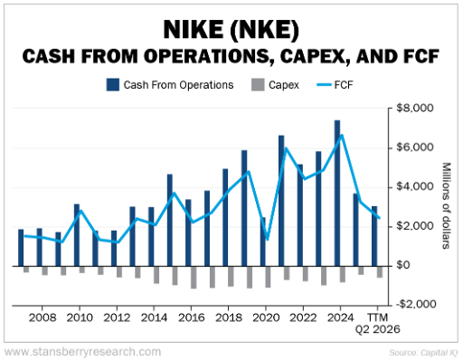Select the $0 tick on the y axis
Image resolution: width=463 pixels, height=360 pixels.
click(423, 265)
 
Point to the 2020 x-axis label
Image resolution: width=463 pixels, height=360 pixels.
click(263, 317)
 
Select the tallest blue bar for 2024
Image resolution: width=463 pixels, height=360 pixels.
click(337, 192)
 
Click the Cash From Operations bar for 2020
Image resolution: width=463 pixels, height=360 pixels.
click(263, 241)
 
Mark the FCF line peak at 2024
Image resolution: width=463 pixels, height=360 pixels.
click(341, 136)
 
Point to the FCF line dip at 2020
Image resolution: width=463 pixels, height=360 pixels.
click(267, 240)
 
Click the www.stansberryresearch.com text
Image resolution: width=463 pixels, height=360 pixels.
click(83, 351)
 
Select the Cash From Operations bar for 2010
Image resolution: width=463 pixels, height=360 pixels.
click(77, 234)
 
